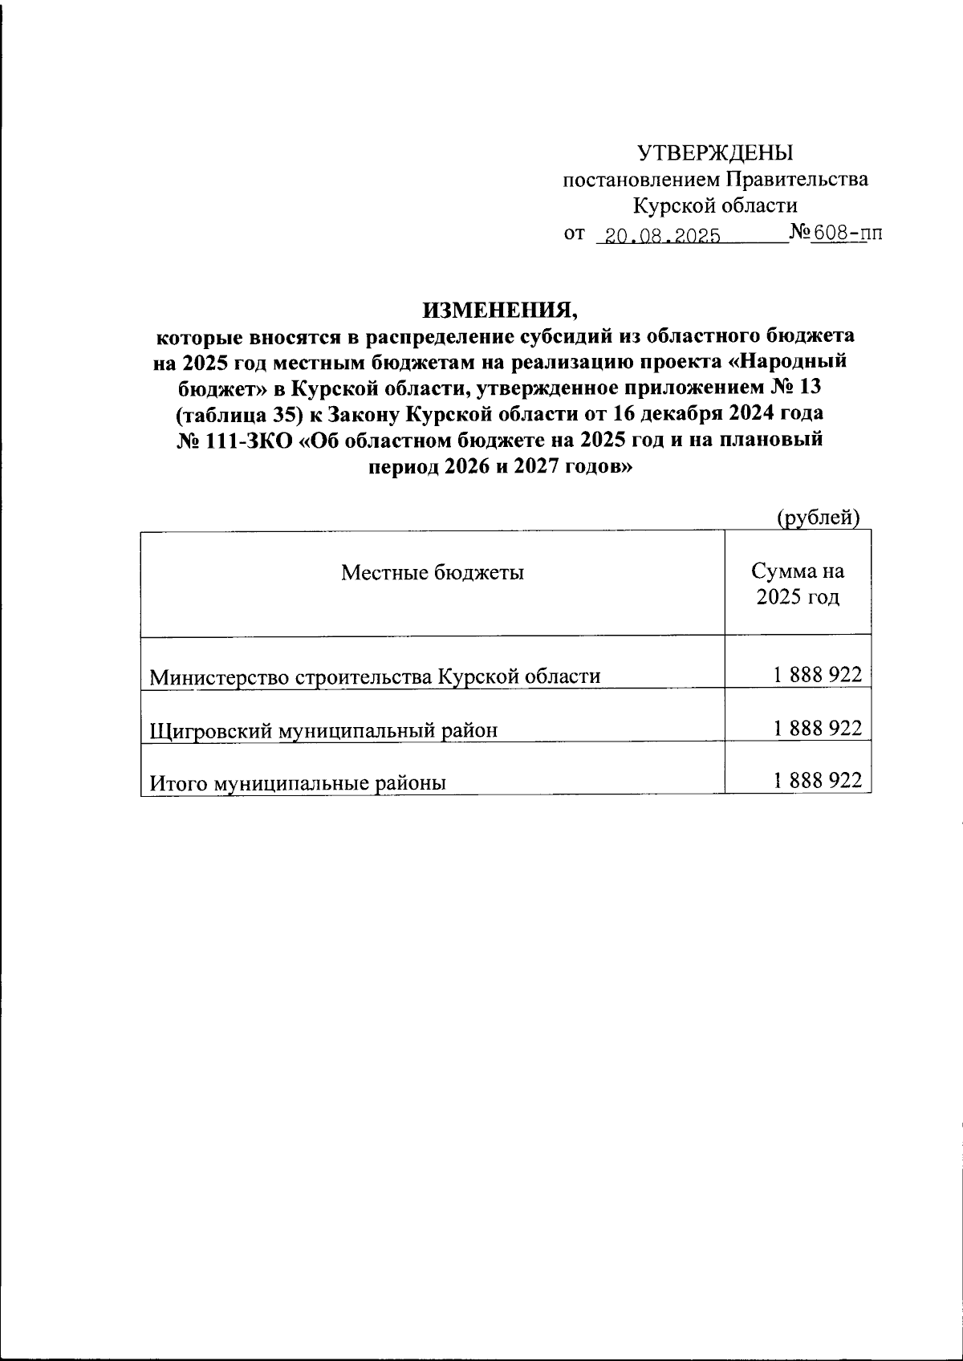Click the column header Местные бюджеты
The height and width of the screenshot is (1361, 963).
point(433,572)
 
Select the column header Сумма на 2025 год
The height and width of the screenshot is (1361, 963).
point(798,584)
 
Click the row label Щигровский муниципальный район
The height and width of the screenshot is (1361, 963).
point(323,729)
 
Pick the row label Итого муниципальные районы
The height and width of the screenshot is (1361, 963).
point(298,782)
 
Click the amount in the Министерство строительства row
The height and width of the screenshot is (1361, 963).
point(818,675)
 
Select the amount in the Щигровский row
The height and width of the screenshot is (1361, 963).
point(818,728)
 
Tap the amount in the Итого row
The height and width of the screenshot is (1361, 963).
point(818,781)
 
